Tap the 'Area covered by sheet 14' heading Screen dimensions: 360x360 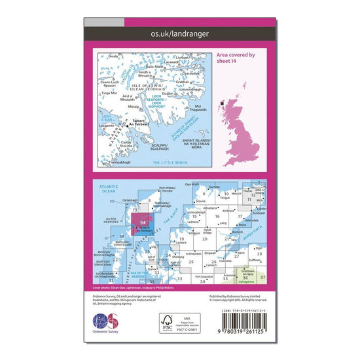[x=236, y=60]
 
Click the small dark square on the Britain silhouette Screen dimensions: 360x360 [x=223, y=102]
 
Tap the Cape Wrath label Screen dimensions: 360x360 [x=191, y=184]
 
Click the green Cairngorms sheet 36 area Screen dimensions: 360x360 [x=247, y=277]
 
